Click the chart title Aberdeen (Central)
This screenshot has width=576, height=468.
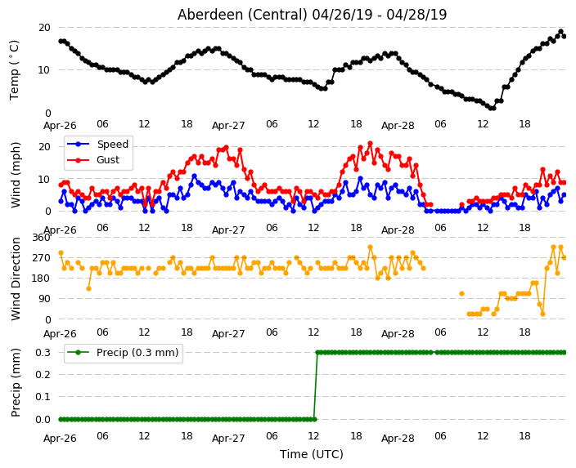pyautogui.click(x=242, y=15)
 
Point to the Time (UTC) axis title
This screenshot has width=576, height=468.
pyautogui.click(x=312, y=454)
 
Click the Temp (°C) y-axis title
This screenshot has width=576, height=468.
pyautogui.click(x=14, y=70)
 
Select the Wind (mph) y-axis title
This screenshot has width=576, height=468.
pyautogui.click(x=16, y=175)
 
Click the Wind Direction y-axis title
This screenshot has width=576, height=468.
pyautogui.click(x=16, y=279)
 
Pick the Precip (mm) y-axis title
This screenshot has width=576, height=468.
pyautogui.click(x=16, y=382)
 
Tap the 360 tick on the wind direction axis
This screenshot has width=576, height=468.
pyautogui.click(x=41, y=238)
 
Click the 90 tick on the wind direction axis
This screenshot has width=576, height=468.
pyautogui.click(x=44, y=299)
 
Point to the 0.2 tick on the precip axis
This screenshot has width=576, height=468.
pyautogui.click(x=43, y=374)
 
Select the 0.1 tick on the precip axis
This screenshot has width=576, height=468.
pyautogui.click(x=43, y=396)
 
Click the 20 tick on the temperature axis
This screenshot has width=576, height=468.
pyautogui.click(x=44, y=28)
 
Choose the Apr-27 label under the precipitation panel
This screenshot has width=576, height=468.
pyautogui.click(x=228, y=439)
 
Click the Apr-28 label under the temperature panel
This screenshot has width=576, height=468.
pyautogui.click(x=398, y=126)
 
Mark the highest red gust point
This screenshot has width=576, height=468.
pyautogui.click(x=371, y=144)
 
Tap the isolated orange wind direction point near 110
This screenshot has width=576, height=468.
pyautogui.click(x=461, y=294)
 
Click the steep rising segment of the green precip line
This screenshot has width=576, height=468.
pyautogui.click(x=316, y=386)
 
